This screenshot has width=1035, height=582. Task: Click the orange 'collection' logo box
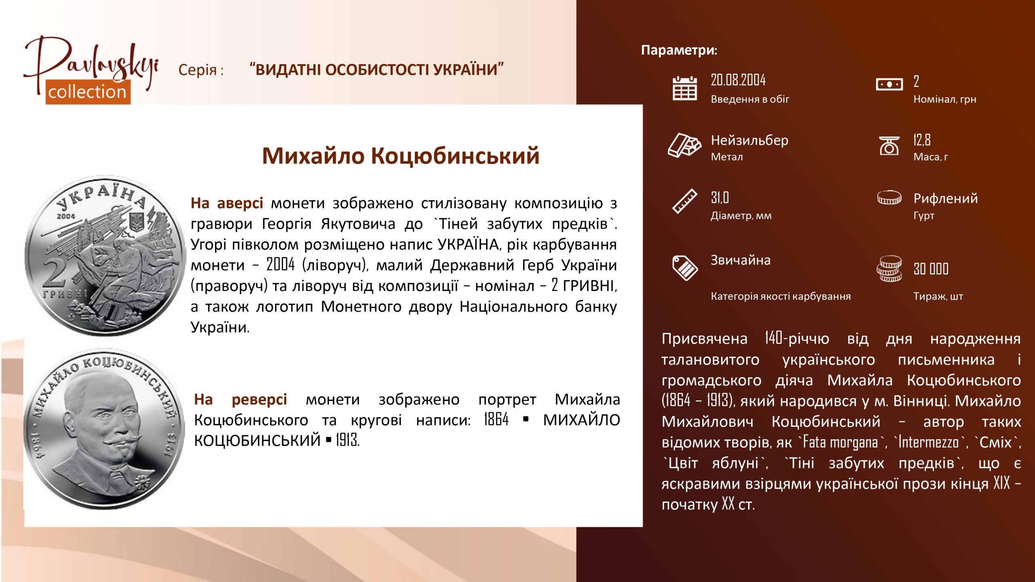(88, 92)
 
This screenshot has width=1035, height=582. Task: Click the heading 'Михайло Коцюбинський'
(401, 156)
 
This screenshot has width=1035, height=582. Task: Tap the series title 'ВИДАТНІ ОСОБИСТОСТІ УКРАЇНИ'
(376, 70)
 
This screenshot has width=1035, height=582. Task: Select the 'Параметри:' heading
(679, 50)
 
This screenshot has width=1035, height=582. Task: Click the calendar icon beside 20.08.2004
(684, 88)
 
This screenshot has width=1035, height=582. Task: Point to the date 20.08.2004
(738, 80)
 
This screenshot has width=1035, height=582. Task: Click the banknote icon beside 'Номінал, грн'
(889, 84)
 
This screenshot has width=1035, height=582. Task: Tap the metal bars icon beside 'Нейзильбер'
(684, 145)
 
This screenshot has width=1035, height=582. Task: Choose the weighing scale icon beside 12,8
(889, 145)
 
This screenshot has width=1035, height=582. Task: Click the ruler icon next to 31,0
(685, 201)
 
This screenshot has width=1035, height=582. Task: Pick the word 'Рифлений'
(946, 198)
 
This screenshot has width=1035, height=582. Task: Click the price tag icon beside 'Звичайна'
(685, 268)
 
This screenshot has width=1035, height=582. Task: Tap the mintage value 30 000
(931, 269)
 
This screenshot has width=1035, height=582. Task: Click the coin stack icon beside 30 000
(889, 268)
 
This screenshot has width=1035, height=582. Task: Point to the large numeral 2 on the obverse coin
(54, 273)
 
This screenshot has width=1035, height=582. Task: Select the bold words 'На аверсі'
(227, 203)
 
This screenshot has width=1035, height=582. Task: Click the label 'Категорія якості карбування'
(781, 296)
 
